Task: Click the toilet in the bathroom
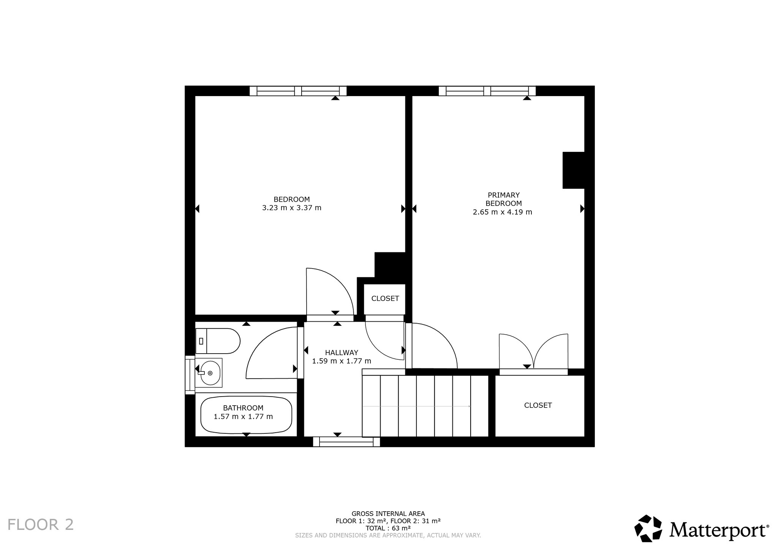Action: [x=218, y=341]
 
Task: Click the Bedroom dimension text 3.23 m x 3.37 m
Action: [x=292, y=208]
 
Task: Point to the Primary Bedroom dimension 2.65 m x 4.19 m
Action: [x=502, y=212]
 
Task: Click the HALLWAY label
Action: [x=342, y=352]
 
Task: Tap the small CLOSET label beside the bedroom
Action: [x=385, y=299]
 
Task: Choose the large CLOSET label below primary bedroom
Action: [x=538, y=405]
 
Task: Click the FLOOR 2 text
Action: [x=41, y=525]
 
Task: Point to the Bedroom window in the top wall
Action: [x=298, y=91]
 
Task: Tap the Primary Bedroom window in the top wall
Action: [x=487, y=91]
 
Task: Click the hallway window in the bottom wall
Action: [x=346, y=442]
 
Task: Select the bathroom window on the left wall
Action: [x=190, y=375]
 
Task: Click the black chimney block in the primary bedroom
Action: [x=573, y=170]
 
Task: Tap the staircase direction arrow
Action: [x=417, y=406]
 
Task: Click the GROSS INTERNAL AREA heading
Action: [x=388, y=514]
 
